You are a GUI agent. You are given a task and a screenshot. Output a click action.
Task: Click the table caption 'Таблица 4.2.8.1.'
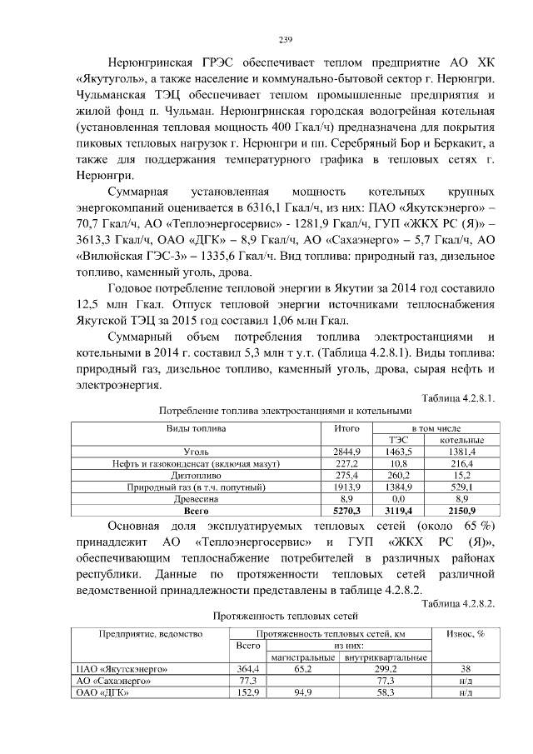click(459, 398)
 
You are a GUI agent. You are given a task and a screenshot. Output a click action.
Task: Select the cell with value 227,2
click(346, 462)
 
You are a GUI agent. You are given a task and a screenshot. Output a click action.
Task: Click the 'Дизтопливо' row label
click(197, 474)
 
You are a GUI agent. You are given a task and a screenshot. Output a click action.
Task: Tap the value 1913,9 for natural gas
click(346, 486)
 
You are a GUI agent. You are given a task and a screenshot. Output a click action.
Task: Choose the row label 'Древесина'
click(197, 497)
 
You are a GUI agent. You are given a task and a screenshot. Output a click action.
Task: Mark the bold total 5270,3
click(346, 509)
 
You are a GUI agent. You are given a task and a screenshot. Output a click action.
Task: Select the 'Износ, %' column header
click(466, 634)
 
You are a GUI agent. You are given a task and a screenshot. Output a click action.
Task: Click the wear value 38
click(466, 668)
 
